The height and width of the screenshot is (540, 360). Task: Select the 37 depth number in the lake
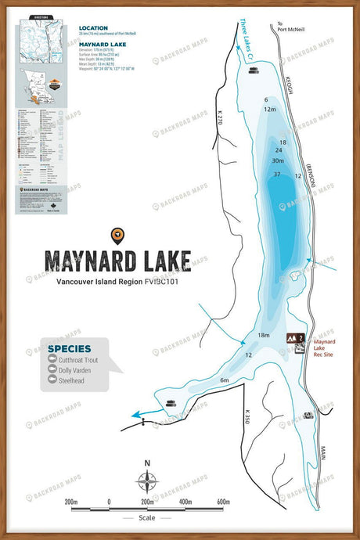click(277, 174)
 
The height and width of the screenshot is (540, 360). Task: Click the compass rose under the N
click(147, 481)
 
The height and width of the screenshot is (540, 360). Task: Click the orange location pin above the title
click(117, 234)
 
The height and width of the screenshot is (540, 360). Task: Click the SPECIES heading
click(70, 348)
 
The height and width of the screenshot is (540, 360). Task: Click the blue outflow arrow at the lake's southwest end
click(139, 414)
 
